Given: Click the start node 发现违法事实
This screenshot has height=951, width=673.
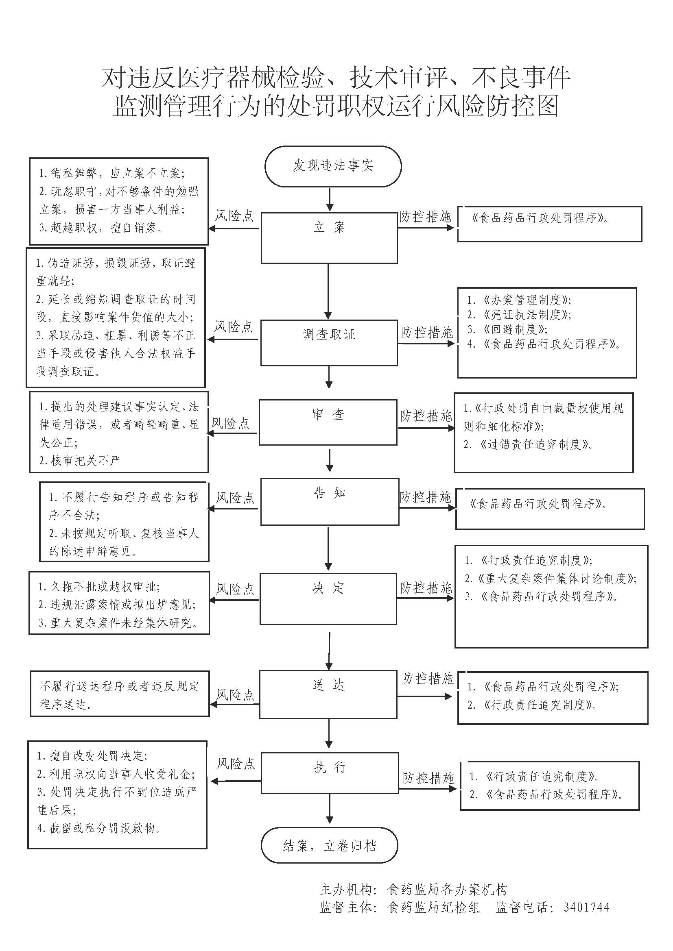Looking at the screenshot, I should pos(333,165).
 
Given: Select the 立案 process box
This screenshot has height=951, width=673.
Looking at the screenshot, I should pos(329,238).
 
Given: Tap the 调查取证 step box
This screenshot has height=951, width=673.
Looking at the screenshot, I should pos(329,342).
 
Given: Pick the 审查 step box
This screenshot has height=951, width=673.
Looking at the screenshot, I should pos(328,422).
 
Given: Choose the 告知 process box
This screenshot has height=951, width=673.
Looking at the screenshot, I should pos(330,501).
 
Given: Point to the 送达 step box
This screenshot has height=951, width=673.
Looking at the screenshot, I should pos(328,694).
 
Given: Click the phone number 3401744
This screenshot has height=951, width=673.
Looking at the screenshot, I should pos(586,907).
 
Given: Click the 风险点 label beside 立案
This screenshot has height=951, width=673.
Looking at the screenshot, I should pos(234,216).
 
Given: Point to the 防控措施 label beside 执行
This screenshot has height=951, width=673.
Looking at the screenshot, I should pos(428,778).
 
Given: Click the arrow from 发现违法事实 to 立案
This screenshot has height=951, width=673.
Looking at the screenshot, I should pos(330,200).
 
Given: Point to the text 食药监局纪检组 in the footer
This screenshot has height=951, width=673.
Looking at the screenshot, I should pos(433,907).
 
